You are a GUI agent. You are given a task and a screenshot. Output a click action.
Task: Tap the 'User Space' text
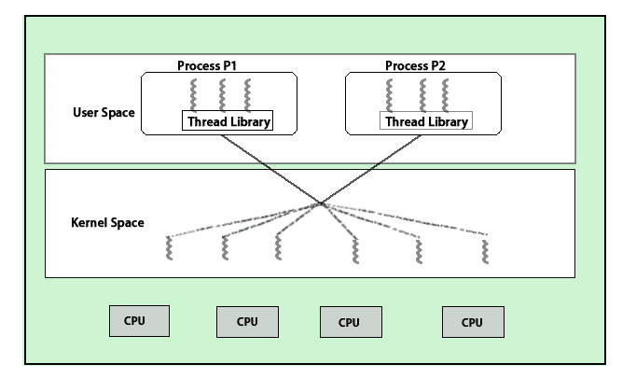click(x=104, y=113)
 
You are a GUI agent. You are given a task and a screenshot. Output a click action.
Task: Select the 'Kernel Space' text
click(x=107, y=223)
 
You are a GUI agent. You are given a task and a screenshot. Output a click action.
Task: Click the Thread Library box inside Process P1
click(x=228, y=121)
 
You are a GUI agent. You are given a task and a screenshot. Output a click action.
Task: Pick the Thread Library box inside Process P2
click(x=425, y=121)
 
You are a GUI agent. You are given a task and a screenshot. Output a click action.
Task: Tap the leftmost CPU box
click(x=140, y=320)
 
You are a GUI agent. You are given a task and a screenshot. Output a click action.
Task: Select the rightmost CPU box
click(x=473, y=322)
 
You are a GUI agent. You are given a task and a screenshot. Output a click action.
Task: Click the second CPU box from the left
click(x=247, y=322)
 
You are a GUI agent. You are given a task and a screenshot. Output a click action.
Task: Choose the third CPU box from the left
click(x=350, y=322)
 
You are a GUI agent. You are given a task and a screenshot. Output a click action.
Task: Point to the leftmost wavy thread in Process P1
click(x=194, y=94)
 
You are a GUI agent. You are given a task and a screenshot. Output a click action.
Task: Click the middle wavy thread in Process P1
click(x=222, y=94)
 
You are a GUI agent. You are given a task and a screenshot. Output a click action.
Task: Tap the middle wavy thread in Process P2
click(x=422, y=94)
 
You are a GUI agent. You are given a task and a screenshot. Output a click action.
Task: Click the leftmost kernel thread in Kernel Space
click(x=169, y=247)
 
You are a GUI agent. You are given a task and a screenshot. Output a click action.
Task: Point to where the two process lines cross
click(x=322, y=202)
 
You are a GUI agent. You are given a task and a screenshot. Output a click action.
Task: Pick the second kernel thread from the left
click(x=225, y=247)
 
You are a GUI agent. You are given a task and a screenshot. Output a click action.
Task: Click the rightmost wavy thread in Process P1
click(x=248, y=94)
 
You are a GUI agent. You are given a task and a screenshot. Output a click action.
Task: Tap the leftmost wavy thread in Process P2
click(x=391, y=94)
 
